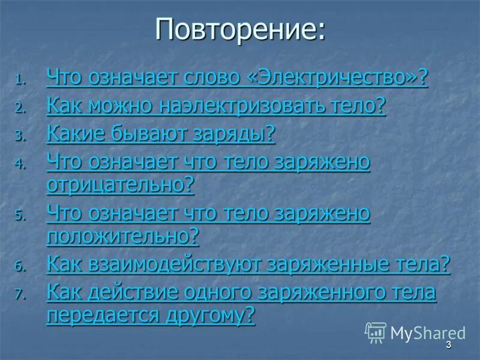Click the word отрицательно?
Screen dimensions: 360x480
click(x=120, y=184)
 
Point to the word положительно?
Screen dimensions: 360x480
click(x=122, y=236)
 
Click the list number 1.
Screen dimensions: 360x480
click(x=20, y=80)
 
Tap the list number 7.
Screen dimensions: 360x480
click(x=20, y=295)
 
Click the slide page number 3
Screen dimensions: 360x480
click(x=448, y=346)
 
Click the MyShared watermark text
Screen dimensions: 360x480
click(x=427, y=333)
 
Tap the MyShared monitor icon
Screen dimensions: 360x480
click(x=376, y=332)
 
